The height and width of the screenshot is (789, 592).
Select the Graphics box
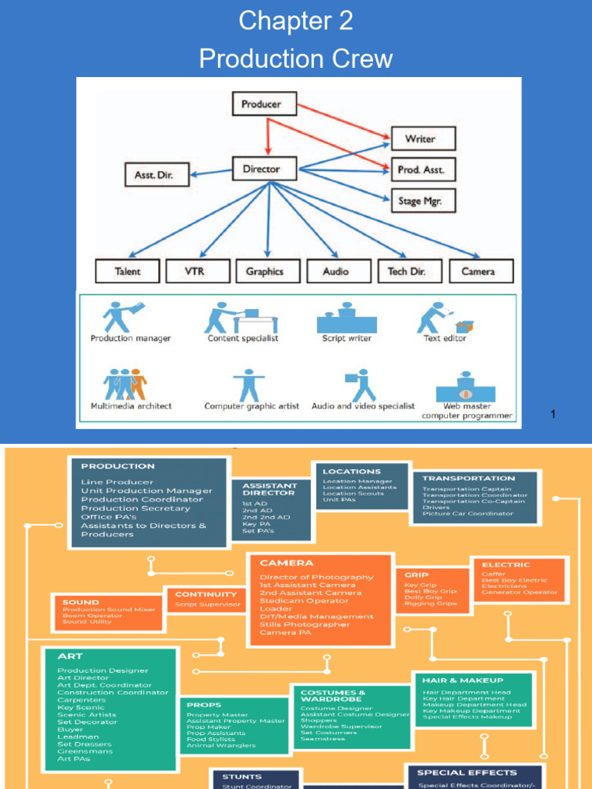[265, 271]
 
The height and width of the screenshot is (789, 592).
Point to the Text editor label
[445, 338]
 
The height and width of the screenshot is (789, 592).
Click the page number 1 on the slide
[553, 415]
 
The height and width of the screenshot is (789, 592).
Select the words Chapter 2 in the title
[296, 21]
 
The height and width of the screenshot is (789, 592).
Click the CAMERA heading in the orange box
[287, 563]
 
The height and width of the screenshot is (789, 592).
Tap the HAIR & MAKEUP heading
[462, 680]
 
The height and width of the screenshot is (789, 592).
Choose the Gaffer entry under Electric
[494, 574]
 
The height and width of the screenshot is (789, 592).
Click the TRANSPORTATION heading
[469, 478]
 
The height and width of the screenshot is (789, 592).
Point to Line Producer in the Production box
[117, 482]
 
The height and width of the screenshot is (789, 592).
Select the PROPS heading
[203, 704]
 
